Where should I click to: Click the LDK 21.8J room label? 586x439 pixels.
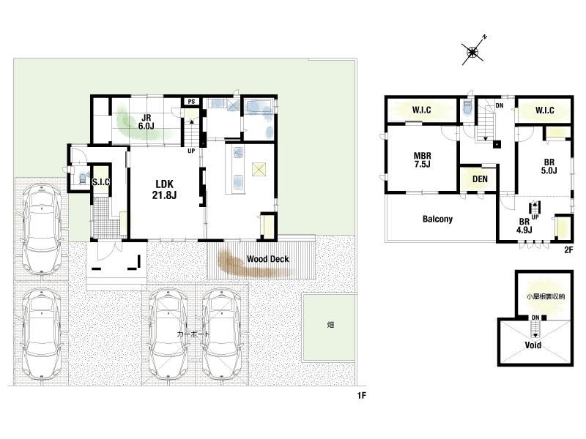(164, 190)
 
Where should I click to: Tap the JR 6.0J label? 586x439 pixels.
(146, 122)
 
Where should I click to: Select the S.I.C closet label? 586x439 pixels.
(101, 181)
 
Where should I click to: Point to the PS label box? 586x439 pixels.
(191, 101)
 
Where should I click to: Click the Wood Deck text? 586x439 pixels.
(267, 259)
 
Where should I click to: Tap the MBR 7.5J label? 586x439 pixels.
(423, 160)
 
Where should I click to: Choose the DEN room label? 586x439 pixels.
(480, 179)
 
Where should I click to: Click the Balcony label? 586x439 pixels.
(437, 219)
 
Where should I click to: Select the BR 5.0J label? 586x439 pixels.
(549, 167)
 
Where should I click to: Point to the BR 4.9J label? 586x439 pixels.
(524, 226)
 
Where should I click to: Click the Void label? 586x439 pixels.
(533, 345)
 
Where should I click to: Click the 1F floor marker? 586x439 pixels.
(361, 396)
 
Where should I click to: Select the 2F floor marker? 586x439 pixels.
(568, 250)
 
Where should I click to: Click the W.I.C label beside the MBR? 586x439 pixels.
(422, 110)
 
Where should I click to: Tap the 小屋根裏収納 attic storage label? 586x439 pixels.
(545, 297)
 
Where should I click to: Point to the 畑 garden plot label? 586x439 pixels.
(330, 325)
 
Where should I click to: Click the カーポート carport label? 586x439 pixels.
(193, 334)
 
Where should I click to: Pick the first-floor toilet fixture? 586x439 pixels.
(82, 177)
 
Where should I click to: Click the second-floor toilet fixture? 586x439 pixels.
(467, 108)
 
